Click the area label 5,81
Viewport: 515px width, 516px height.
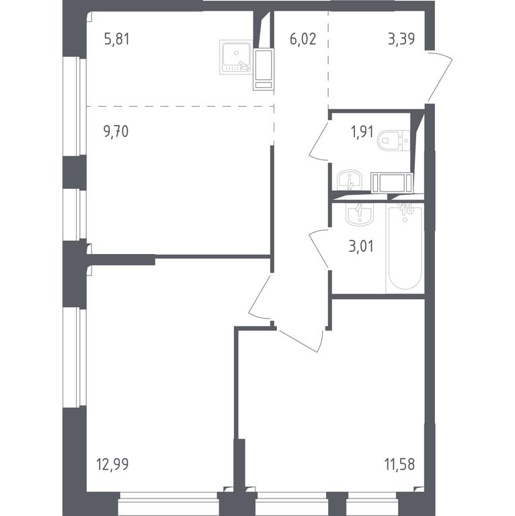point(116,39)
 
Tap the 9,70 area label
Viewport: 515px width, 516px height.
point(116,131)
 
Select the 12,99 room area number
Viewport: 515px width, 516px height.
point(112,464)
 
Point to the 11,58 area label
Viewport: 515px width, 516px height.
point(399,464)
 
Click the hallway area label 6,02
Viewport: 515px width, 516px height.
point(303,39)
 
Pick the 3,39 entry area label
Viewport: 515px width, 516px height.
point(401,39)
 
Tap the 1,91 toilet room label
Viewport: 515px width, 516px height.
point(362,132)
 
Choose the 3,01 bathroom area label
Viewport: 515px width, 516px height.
point(361,247)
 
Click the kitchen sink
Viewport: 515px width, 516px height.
point(236,57)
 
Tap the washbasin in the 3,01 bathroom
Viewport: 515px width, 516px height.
point(360,214)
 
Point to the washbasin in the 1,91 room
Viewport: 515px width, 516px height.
point(350,180)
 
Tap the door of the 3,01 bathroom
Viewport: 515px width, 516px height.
point(318,249)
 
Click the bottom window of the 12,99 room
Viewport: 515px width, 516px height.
point(168,503)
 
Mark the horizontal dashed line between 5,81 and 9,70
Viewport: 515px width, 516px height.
point(180,106)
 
